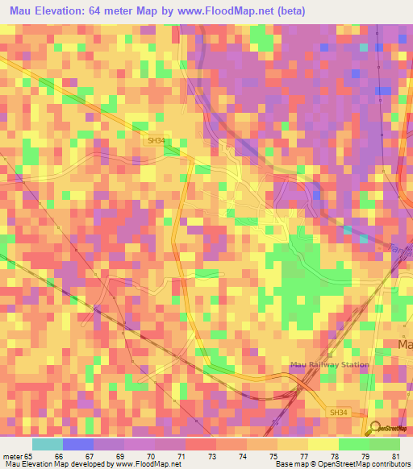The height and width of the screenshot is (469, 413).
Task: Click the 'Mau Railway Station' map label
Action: [329, 364]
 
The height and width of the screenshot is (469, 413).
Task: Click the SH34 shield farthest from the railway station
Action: [156, 140]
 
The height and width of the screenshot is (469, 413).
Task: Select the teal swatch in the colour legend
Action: [48, 444]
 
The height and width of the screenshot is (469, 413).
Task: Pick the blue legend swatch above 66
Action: [78, 444]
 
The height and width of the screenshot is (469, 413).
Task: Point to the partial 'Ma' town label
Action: [405, 344]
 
